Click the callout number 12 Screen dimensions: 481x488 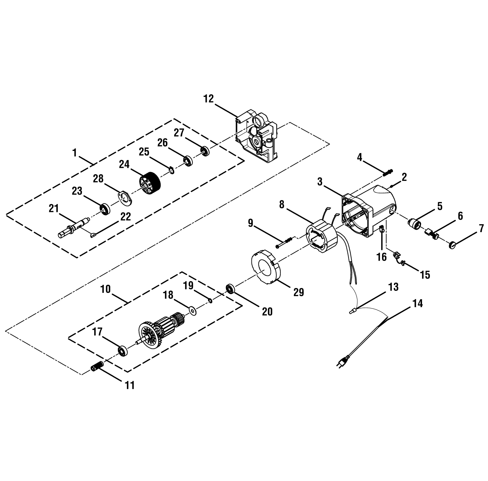[x=209, y=99]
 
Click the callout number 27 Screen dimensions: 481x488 [x=179, y=133]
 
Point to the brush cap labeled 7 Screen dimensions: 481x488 [x=452, y=245]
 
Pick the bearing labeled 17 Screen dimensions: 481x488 [x=123, y=350]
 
